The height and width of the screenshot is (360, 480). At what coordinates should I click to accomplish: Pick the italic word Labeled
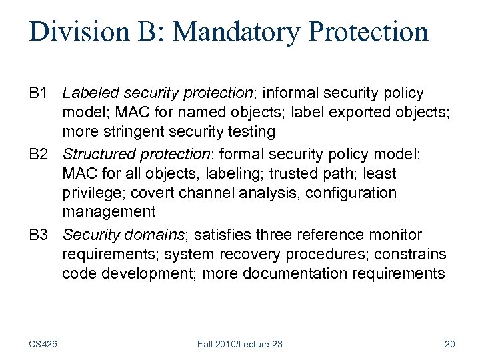(x=90, y=93)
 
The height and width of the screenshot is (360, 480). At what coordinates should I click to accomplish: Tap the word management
(x=109, y=213)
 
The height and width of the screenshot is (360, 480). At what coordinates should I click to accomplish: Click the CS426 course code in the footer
(x=43, y=344)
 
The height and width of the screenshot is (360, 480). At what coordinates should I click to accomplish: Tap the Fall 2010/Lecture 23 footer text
(x=240, y=344)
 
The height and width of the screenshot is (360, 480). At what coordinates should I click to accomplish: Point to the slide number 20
(x=449, y=344)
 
